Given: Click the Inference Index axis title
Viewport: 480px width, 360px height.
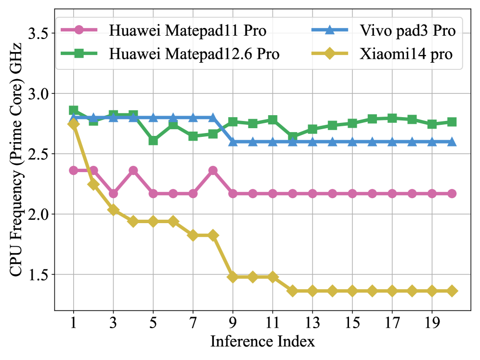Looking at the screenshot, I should [x=263, y=343].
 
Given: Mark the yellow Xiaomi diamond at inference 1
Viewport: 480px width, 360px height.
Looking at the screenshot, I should [x=74, y=124].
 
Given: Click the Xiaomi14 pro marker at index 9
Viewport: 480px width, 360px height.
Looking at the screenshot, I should [x=233, y=277].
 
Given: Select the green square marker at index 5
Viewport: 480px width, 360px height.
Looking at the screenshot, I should [x=153, y=141].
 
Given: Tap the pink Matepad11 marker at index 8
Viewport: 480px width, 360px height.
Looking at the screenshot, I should [x=213, y=171].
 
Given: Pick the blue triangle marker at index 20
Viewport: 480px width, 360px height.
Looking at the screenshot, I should [x=452, y=142].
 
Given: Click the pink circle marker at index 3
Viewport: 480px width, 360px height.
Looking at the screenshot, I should [x=114, y=194].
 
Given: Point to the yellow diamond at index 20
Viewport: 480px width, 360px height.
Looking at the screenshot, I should [x=452, y=291].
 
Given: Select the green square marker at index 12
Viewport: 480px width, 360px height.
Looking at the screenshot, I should [x=293, y=137].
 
